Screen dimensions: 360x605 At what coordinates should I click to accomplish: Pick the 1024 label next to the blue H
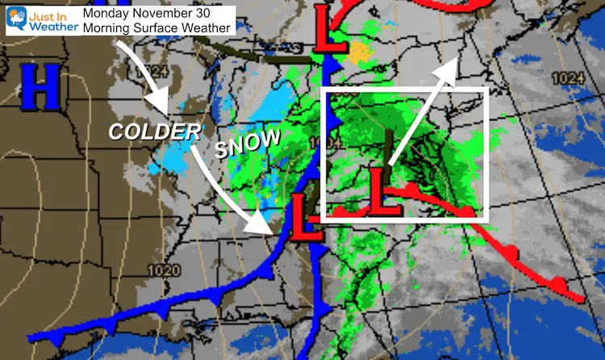[156, 71]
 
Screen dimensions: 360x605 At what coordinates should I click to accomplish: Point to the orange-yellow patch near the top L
[358, 52]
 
